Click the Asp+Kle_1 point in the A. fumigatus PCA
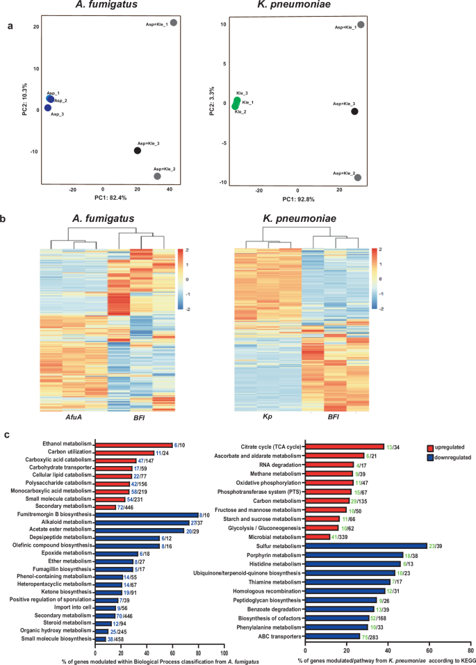tap(174, 23)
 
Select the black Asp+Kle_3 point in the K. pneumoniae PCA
tap(355, 111)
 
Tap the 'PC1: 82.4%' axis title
tap(104, 199)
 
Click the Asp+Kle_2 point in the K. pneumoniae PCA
tap(358, 177)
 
